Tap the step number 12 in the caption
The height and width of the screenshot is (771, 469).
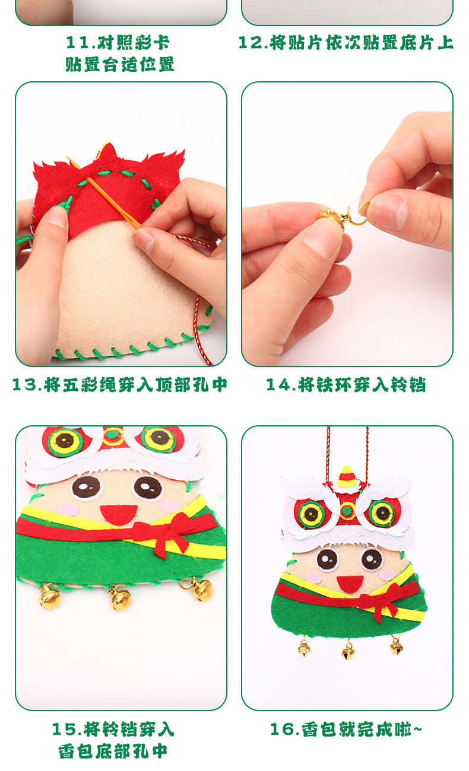249,43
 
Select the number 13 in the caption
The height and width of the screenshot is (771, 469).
25,385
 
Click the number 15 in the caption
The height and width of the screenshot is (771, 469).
65,729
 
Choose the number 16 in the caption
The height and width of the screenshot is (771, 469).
283,729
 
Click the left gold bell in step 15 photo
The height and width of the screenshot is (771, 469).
50,597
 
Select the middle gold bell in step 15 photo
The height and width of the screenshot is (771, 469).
121,598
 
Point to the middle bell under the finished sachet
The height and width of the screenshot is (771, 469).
348,652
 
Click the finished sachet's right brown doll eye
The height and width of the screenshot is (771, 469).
372,559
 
